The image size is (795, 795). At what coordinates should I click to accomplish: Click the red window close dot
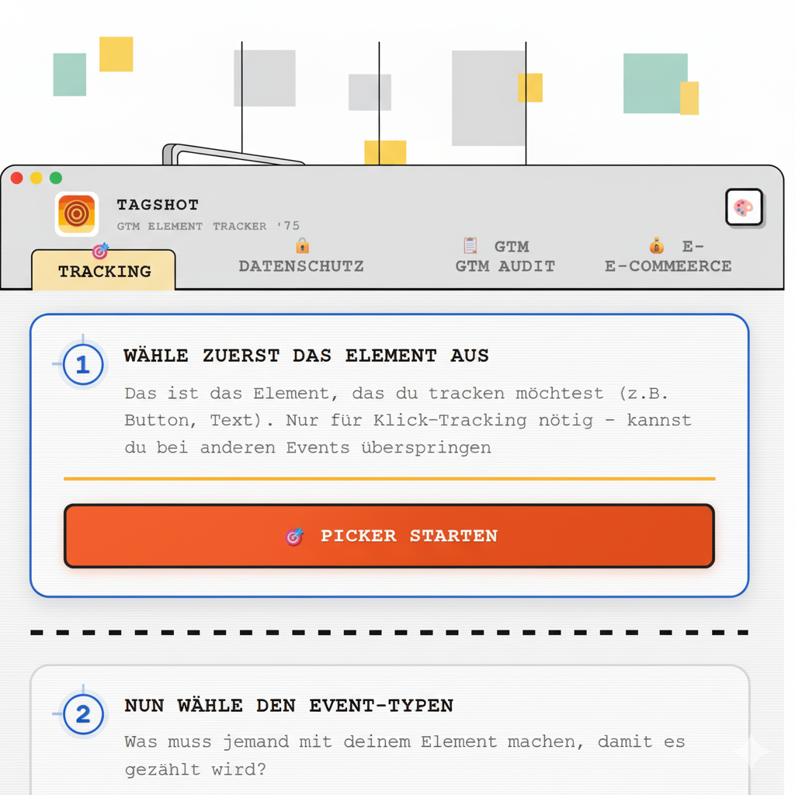[17, 178]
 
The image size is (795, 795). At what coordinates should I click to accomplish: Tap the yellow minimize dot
[36, 178]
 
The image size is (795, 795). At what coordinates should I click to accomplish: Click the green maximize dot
[56, 178]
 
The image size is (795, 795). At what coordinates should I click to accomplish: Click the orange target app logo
[77, 214]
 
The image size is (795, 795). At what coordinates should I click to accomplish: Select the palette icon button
[744, 207]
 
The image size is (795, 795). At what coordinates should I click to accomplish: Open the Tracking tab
[104, 270]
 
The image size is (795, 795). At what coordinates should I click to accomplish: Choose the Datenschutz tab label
[301, 266]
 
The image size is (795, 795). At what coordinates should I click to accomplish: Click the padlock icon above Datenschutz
[303, 246]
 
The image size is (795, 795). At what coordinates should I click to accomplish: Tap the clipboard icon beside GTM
[470, 245]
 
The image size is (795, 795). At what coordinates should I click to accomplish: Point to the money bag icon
[657, 245]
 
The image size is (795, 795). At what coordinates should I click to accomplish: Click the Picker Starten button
[390, 536]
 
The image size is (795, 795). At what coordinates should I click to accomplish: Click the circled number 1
[82, 365]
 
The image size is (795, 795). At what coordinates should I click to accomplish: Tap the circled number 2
[83, 714]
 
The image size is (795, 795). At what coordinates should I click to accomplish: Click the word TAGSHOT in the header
[158, 205]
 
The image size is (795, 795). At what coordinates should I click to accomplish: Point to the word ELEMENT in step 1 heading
[391, 356]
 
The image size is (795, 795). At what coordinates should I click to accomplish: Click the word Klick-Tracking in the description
[450, 420]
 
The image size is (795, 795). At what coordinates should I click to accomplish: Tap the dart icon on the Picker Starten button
[294, 536]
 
